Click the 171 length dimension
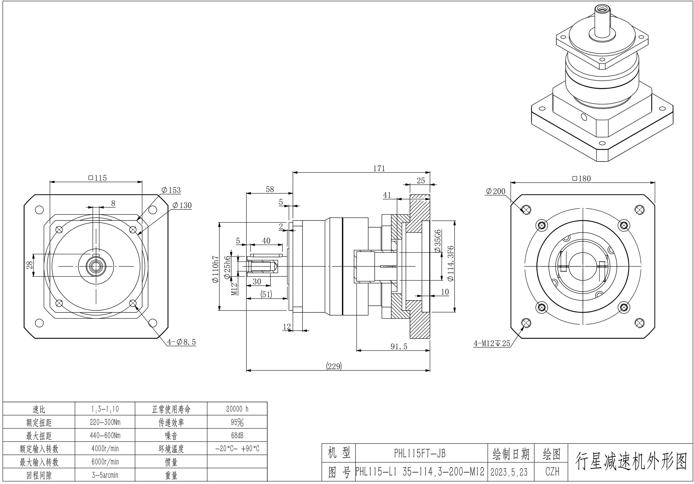pos(379,168)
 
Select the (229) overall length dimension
pos(334,366)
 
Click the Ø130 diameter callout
pos(182,205)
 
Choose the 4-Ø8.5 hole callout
pos(182,342)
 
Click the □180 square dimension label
pos(581,179)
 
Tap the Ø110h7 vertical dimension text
pos(215,269)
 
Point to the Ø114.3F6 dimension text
pos(450,263)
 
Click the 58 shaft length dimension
pos(270,189)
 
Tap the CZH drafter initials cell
pos(552,472)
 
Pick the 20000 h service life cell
pos(237,409)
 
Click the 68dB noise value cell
pos(237,435)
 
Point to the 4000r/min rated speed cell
pos(105,449)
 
